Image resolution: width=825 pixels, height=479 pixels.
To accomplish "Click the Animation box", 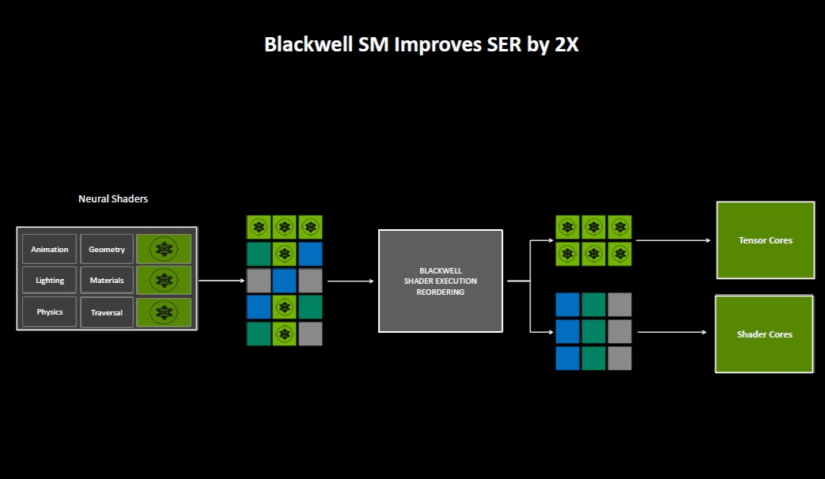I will coord(50,249).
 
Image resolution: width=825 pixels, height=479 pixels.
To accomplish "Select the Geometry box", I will coord(107,249).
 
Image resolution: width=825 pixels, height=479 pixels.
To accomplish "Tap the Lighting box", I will coord(50,280).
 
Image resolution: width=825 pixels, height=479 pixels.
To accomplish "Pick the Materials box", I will coord(107,280).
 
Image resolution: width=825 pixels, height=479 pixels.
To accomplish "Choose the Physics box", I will coord(50,311).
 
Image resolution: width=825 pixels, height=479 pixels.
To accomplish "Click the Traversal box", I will coord(107,312).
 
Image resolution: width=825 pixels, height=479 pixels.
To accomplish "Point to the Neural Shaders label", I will coord(113,199).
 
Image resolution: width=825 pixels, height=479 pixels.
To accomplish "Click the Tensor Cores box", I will coord(765,240).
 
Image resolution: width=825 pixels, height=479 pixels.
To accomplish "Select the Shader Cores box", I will coord(764,334).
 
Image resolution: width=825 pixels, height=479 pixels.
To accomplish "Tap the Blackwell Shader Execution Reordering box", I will coord(441,281).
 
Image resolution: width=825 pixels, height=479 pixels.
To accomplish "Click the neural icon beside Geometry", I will coord(164,249).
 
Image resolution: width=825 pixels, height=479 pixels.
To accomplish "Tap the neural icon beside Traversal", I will coord(164,311).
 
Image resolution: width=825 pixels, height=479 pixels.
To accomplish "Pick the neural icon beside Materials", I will coord(164,280).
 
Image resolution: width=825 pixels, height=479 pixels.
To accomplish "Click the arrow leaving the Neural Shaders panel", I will coord(221,281).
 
